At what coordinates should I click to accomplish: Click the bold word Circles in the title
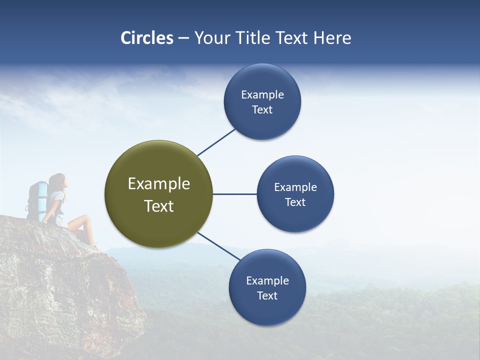coord(147,38)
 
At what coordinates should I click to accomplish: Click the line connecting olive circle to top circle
coord(216,142)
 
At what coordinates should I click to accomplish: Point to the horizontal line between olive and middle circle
coord(234,194)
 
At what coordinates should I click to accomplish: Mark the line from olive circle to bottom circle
coord(218,246)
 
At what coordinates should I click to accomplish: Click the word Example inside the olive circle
coord(158,184)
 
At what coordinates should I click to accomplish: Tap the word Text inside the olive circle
coord(158,206)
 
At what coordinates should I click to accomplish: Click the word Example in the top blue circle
coord(262,95)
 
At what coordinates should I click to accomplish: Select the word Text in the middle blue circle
coord(295,202)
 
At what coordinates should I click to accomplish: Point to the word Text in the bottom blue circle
coord(267,295)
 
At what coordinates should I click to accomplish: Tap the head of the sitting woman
coord(58,181)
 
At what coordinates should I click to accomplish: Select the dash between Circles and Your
coord(183,38)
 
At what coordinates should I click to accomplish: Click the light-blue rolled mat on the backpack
coord(42,195)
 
